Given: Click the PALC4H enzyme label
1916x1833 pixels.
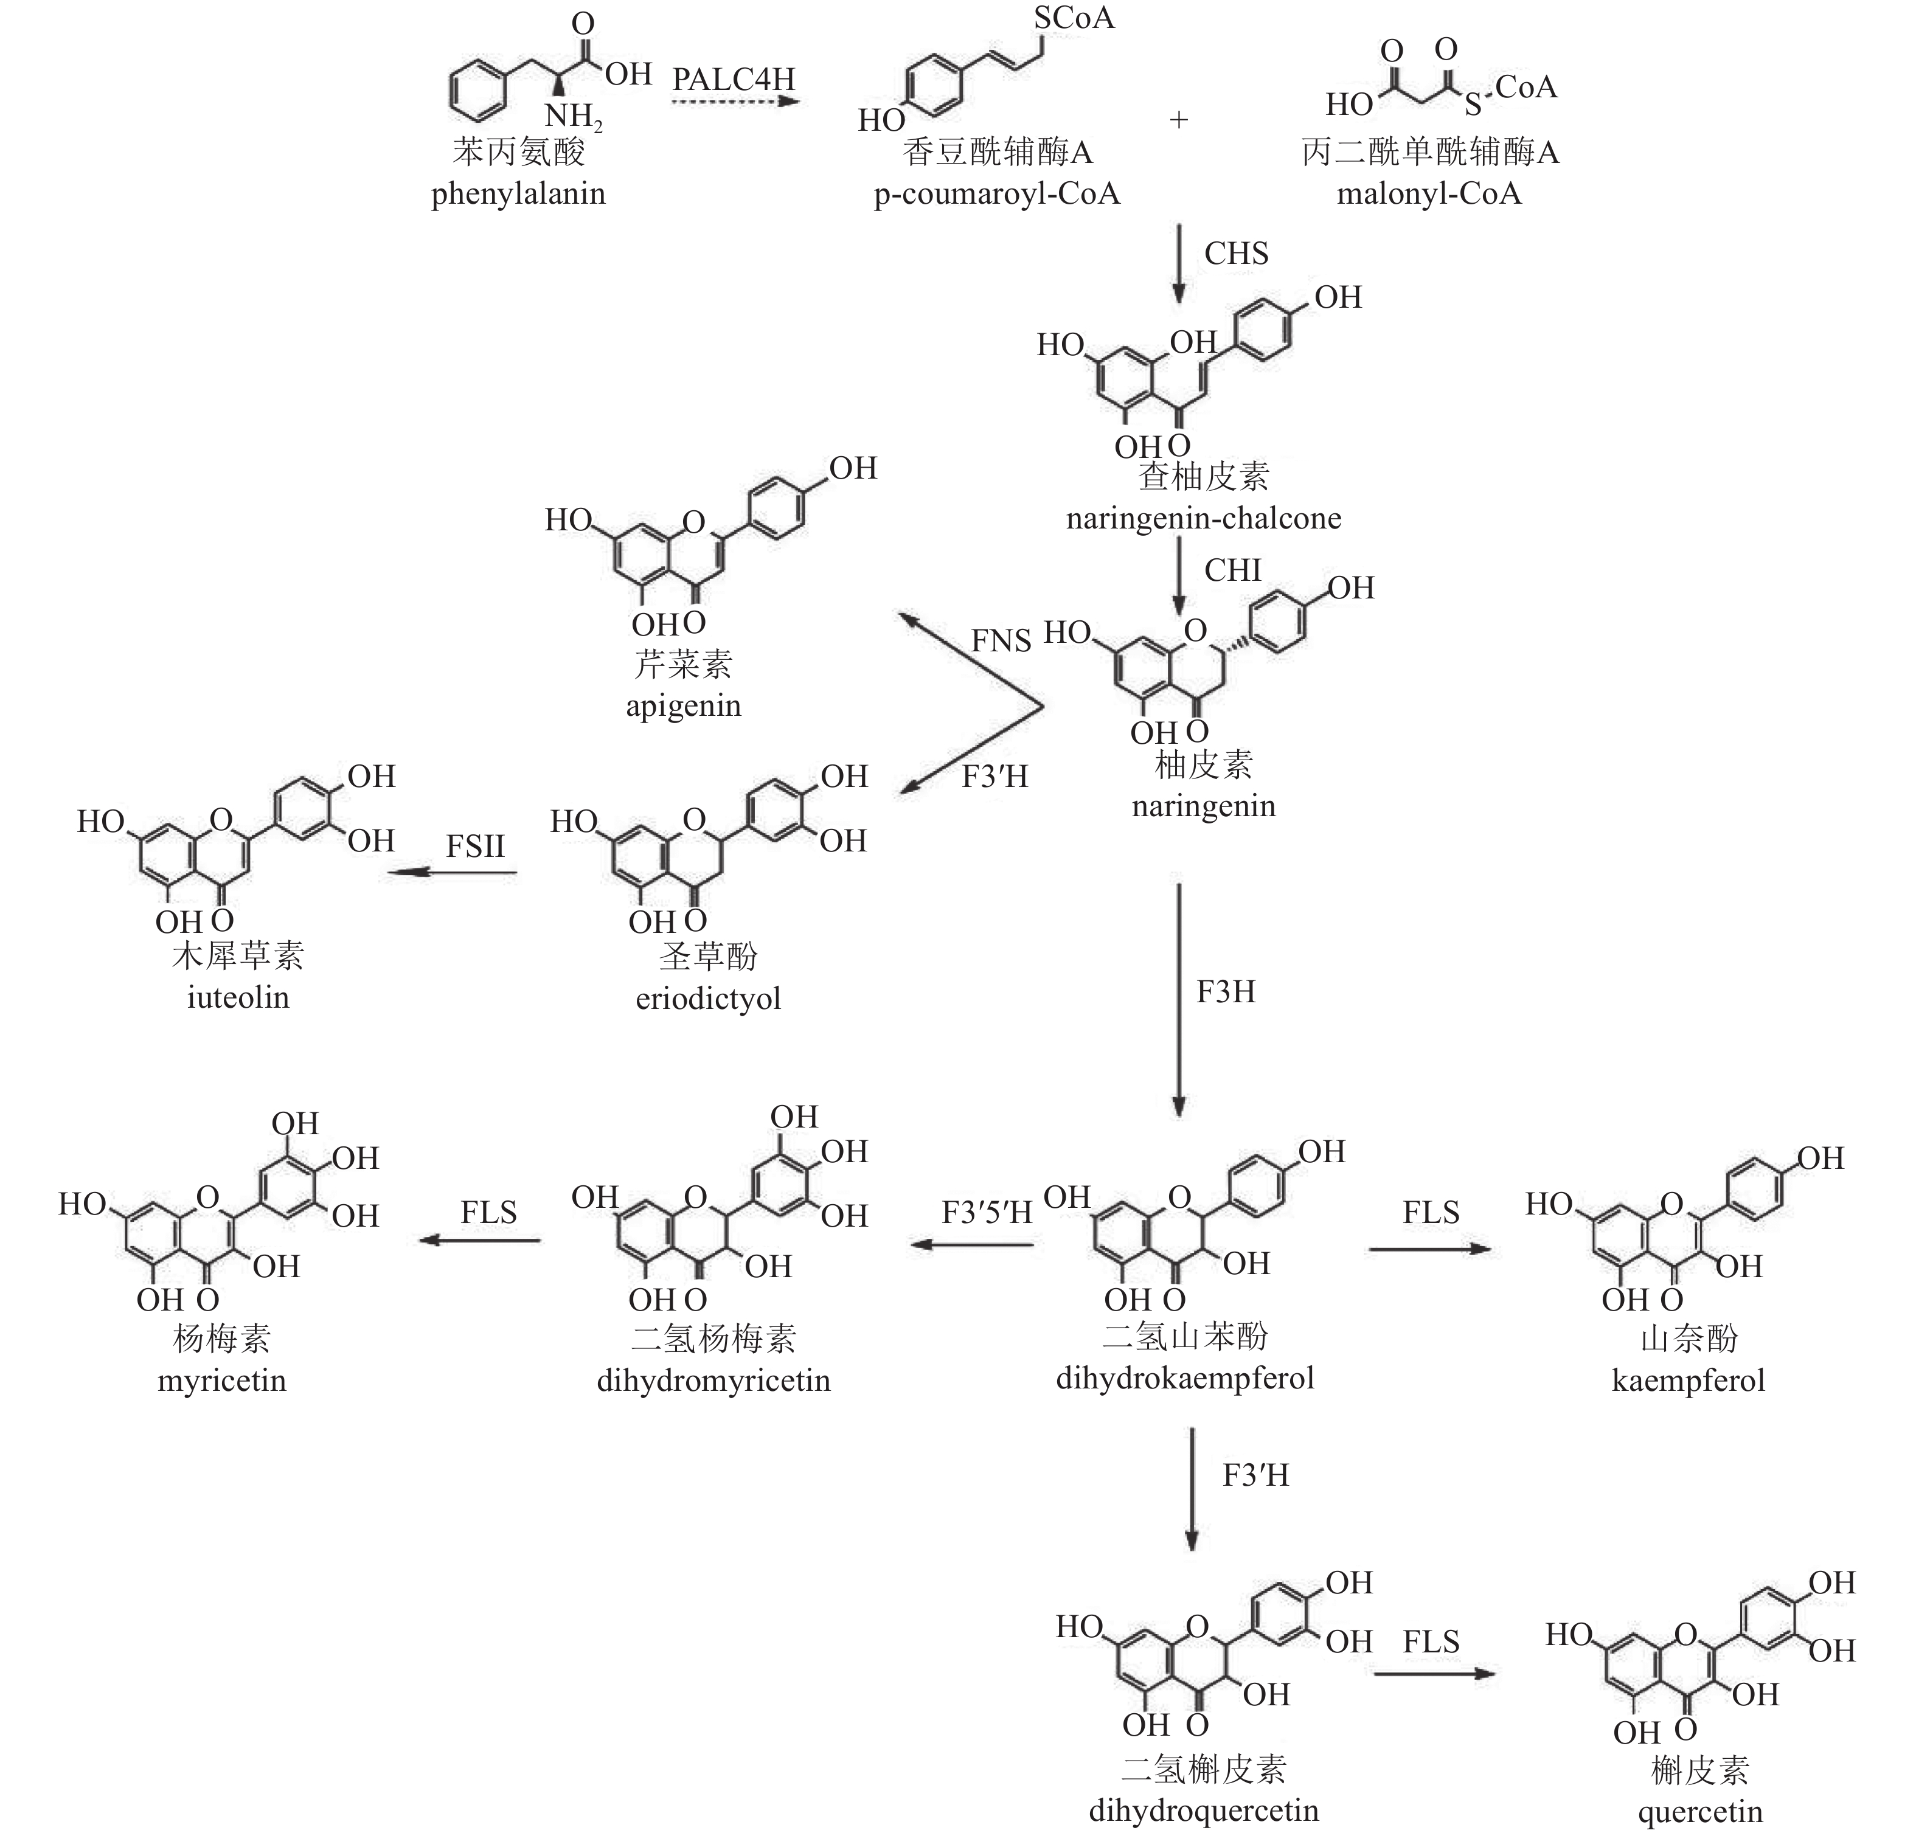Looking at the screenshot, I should (733, 78).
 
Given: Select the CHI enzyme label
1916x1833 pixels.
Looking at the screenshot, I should (1233, 570).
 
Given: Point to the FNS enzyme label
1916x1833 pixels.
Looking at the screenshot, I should (1001, 641).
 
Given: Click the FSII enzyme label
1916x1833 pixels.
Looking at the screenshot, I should (476, 845).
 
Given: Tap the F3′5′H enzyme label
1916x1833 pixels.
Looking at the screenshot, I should (987, 1213).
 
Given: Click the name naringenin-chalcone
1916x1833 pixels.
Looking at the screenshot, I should (1204, 518).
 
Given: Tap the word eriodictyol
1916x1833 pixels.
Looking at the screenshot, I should (709, 999).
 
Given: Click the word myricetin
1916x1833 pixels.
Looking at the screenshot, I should (222, 1381).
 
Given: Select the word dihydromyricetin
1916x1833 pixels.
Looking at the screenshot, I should (713, 1381).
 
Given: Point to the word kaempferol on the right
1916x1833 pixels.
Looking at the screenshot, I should (1689, 1381).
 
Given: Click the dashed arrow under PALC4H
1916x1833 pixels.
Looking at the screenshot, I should (735, 100).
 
